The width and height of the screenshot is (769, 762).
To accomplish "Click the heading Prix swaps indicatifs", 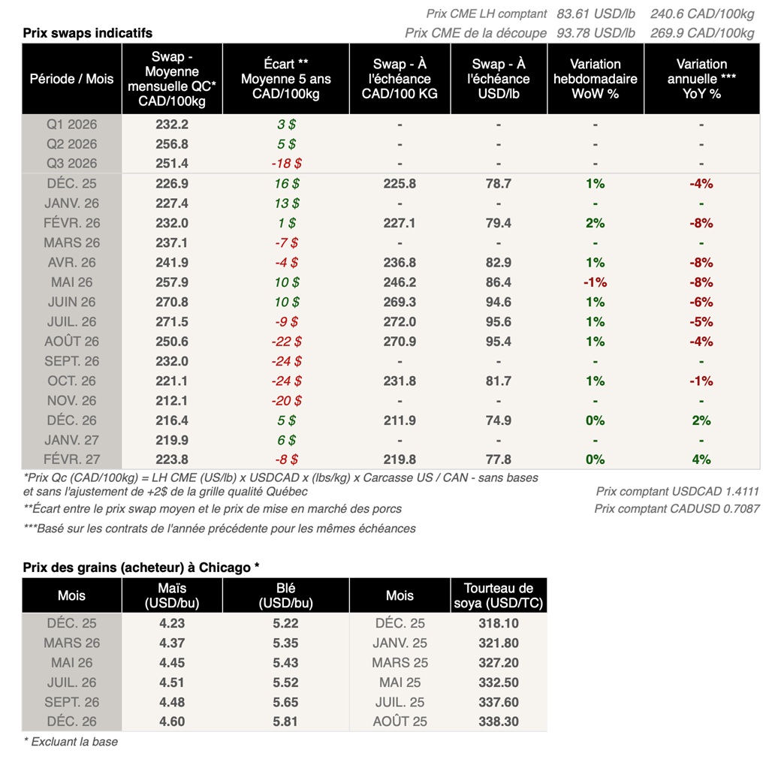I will coord(87,33).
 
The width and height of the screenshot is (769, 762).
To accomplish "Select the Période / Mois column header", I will coord(72,79).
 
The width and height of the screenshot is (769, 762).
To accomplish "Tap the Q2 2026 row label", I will coord(72,144).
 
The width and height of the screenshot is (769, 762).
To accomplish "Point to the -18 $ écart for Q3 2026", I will coord(285,164).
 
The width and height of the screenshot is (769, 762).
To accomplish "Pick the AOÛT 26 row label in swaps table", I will coord(72,342).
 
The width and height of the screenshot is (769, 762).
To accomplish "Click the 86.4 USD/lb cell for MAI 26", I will coord(499,282).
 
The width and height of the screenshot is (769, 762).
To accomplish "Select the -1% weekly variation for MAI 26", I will coord(595,282).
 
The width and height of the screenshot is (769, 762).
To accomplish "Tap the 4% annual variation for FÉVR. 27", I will coord(701,459).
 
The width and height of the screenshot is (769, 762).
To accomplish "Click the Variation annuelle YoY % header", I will coord(701,79).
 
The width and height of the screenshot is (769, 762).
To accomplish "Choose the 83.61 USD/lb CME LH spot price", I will coord(596,14).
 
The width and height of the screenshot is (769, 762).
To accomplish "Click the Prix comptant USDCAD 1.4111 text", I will coord(677,492).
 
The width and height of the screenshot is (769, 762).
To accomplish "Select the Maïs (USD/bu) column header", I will coord(172,595).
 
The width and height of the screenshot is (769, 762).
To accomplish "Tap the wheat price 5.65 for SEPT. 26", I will coord(285,703).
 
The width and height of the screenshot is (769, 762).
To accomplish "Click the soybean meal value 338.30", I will coord(499,722).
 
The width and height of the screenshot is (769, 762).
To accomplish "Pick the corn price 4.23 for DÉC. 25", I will coord(172,624).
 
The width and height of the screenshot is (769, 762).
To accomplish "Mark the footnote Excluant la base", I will coord(71,742).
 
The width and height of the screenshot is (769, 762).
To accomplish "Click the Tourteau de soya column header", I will coord(499,595).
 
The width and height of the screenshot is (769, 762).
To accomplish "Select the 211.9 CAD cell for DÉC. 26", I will coord(400,420).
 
